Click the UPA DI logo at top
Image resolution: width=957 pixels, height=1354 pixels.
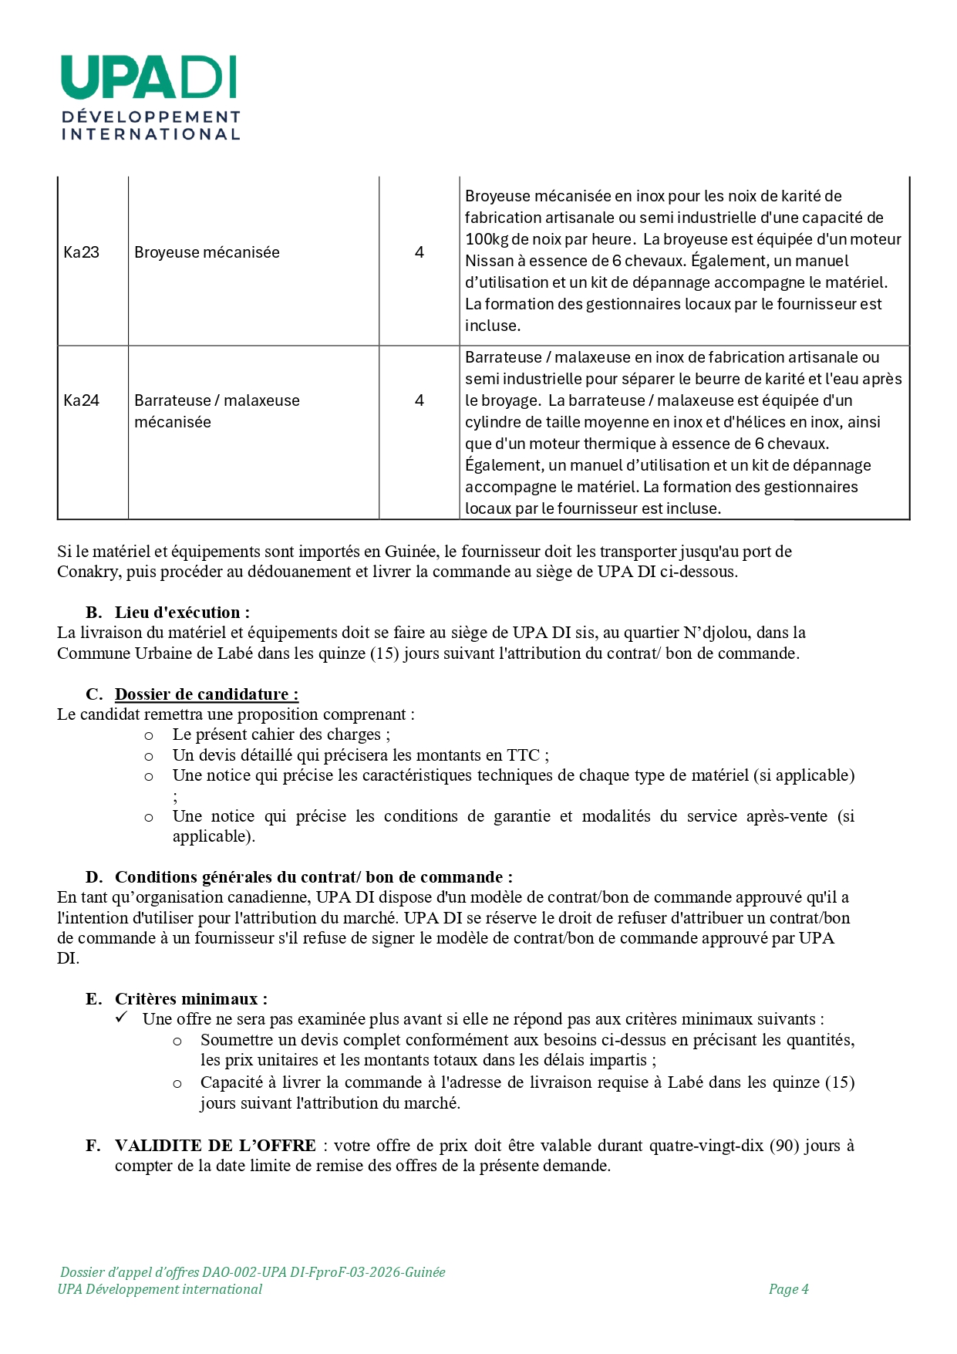click(150, 96)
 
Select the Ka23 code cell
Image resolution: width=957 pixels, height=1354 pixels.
click(81, 252)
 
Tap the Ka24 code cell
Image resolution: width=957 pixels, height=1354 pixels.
click(81, 400)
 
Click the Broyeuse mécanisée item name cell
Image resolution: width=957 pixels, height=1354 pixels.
click(207, 252)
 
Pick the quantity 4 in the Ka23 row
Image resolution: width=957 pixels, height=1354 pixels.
click(419, 252)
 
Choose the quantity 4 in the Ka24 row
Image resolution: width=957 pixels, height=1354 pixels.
click(419, 400)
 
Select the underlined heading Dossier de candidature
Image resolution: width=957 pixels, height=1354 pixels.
click(206, 694)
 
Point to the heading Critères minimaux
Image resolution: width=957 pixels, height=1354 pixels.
click(190, 999)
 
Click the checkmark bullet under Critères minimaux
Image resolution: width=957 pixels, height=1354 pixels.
click(121, 1018)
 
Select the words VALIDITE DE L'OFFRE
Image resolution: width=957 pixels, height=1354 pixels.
click(215, 1146)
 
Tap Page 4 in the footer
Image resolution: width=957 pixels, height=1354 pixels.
click(788, 1289)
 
